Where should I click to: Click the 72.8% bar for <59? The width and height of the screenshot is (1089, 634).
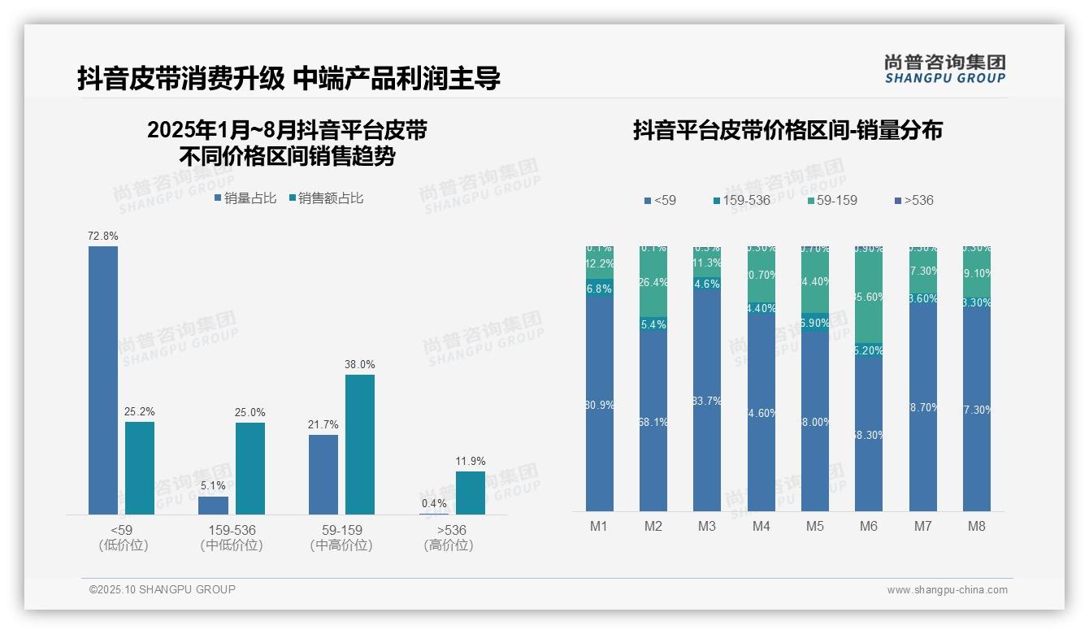tap(103, 380)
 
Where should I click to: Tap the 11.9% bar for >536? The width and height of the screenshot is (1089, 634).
tap(471, 493)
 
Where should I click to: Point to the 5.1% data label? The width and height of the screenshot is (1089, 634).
tap(212, 486)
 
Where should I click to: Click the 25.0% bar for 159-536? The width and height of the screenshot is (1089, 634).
tap(250, 468)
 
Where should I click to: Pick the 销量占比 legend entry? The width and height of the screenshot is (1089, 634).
tap(245, 198)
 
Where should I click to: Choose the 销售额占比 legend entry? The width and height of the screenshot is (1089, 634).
tap(326, 198)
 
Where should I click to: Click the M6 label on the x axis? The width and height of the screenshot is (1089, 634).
tap(869, 526)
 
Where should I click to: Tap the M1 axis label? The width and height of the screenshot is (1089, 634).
tap(599, 526)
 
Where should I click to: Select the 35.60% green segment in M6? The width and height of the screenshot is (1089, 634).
tap(869, 297)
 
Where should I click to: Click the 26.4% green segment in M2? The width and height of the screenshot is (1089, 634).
tap(653, 283)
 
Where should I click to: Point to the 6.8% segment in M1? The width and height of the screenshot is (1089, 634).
tap(599, 289)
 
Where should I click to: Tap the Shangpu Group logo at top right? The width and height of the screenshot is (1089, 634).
tap(944, 69)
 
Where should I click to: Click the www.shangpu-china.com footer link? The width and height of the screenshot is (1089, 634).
tap(947, 590)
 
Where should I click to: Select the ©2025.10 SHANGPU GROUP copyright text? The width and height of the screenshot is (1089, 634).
tap(163, 589)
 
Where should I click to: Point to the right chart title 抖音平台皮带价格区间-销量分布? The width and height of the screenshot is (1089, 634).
tap(787, 130)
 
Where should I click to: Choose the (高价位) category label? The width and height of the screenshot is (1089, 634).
tap(449, 545)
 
